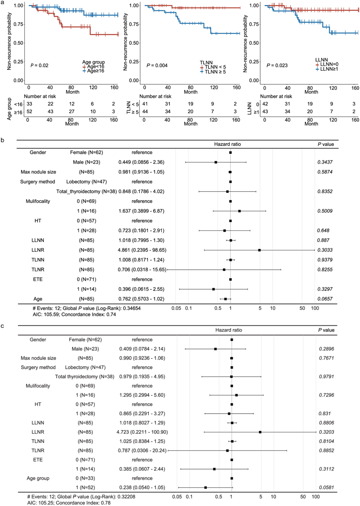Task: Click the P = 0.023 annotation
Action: (276, 65)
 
